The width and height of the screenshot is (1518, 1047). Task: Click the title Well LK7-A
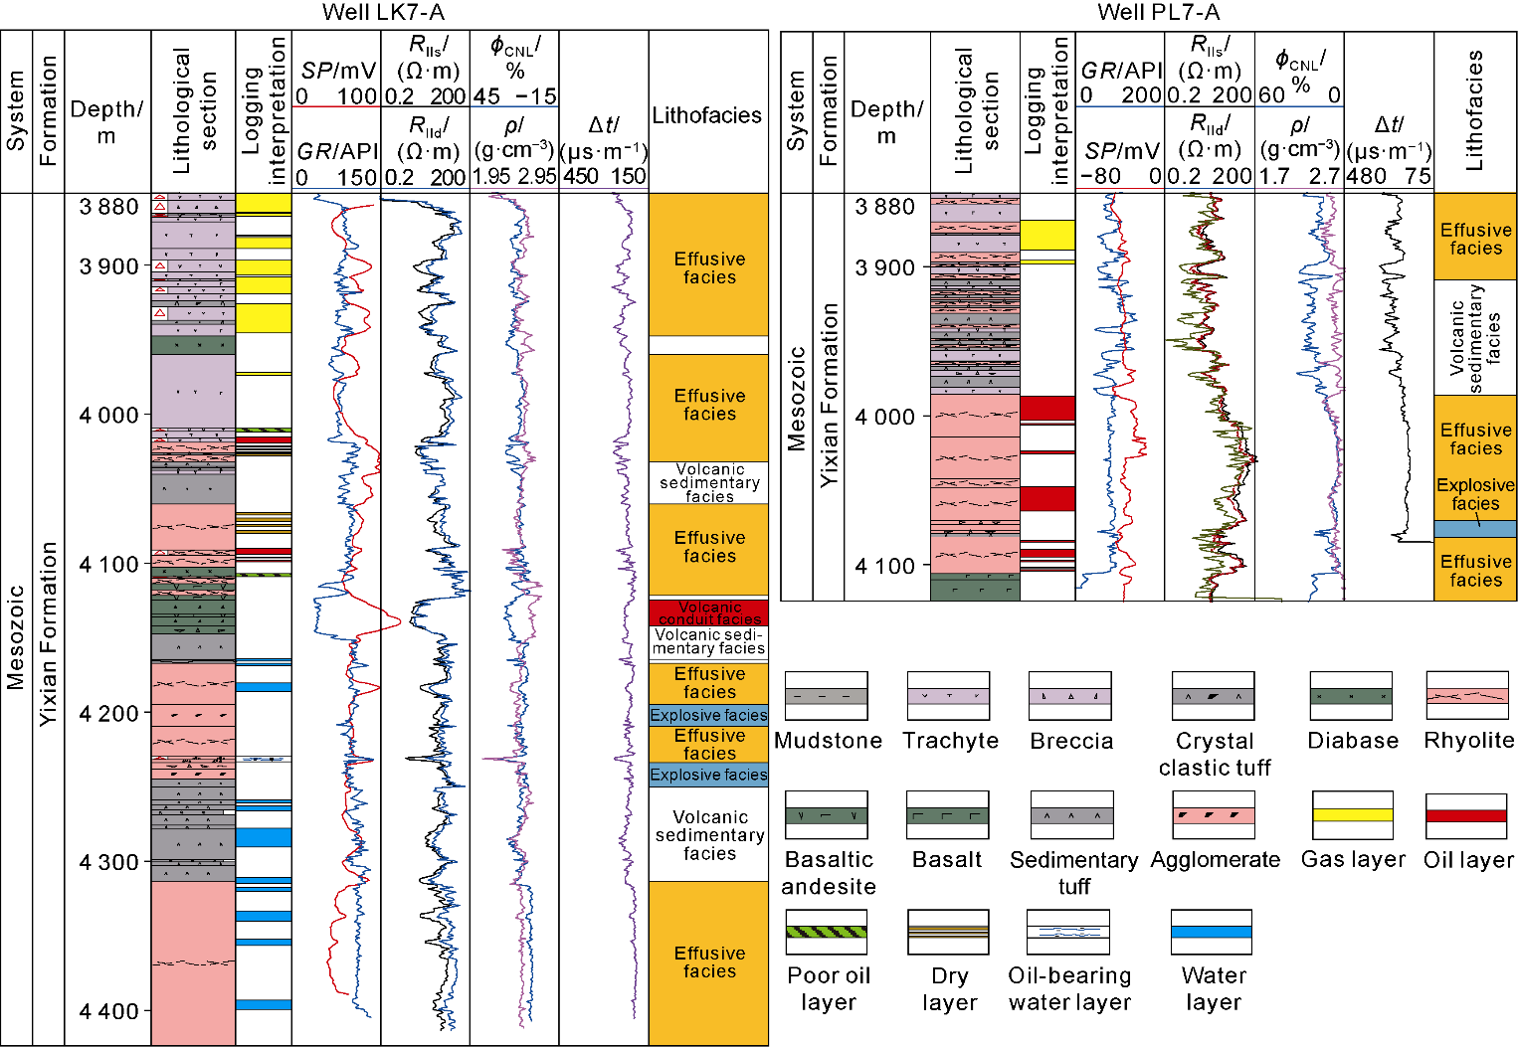click(x=383, y=12)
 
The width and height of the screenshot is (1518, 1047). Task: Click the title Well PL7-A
click(x=1158, y=12)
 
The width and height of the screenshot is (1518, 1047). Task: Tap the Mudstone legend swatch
click(x=826, y=696)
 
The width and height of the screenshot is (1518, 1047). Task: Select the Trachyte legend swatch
click(x=948, y=696)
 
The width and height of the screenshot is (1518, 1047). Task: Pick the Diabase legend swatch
click(x=1351, y=696)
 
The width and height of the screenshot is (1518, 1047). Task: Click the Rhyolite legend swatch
click(x=1467, y=696)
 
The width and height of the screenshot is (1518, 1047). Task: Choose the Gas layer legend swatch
click(x=1352, y=815)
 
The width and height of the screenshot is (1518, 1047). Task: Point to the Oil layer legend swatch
click(x=1465, y=815)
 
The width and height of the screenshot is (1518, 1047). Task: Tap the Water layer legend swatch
click(x=1211, y=932)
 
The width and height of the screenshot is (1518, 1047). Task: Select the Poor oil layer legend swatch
click(x=826, y=932)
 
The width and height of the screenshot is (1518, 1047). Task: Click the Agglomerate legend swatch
click(x=1213, y=815)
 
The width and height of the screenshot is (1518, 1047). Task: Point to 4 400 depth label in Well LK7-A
click(x=108, y=1011)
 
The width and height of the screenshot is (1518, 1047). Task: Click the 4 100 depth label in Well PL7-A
click(x=884, y=566)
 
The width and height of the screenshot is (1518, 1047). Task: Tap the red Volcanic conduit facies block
click(x=708, y=611)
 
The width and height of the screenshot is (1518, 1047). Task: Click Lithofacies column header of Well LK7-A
click(x=706, y=115)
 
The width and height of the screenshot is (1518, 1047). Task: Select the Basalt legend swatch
click(x=947, y=815)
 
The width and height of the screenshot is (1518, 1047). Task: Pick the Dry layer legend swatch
click(x=947, y=932)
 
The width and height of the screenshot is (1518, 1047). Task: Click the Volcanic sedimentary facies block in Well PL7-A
click(x=1474, y=337)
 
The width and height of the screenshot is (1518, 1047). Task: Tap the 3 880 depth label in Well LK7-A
click(x=108, y=207)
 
